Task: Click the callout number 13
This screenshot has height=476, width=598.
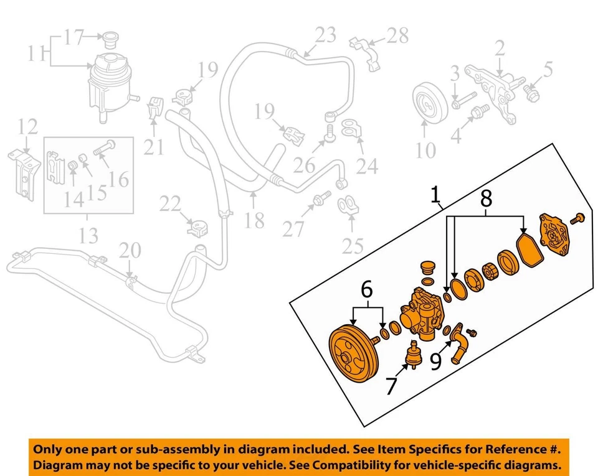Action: (89, 236)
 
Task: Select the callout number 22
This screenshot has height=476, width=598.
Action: (169, 203)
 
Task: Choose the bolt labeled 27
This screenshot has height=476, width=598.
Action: (322, 200)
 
